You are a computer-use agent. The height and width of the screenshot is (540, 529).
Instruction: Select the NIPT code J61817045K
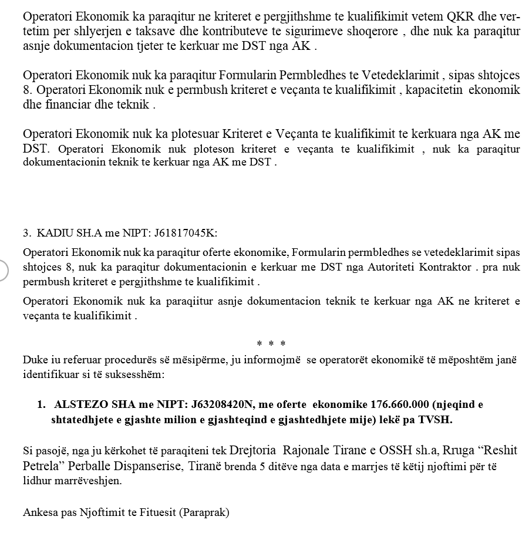pos(185,232)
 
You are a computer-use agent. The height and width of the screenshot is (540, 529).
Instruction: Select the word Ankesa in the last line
pos(39,512)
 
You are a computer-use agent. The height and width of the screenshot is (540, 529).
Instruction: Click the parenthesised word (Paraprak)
pos(205,512)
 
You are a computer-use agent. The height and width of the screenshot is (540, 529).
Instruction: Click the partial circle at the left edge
pos(3,270)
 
